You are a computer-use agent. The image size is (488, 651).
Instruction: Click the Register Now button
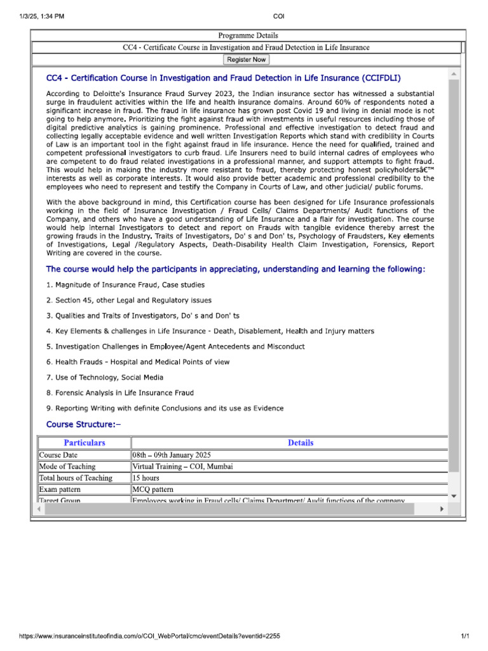[x=247, y=60]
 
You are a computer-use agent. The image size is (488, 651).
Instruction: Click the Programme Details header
[x=247, y=36]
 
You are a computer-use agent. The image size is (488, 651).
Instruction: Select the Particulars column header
[x=85, y=443]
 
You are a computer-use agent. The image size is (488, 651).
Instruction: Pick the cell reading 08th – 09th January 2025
[x=172, y=455]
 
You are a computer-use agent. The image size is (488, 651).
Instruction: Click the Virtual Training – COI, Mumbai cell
[x=182, y=467]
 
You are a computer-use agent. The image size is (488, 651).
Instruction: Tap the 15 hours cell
[x=146, y=478]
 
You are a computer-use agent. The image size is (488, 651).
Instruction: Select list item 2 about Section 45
[x=129, y=300]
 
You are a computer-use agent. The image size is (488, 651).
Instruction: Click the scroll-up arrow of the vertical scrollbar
[x=454, y=74]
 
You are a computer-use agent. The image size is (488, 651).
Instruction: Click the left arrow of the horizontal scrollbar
[x=39, y=509]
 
